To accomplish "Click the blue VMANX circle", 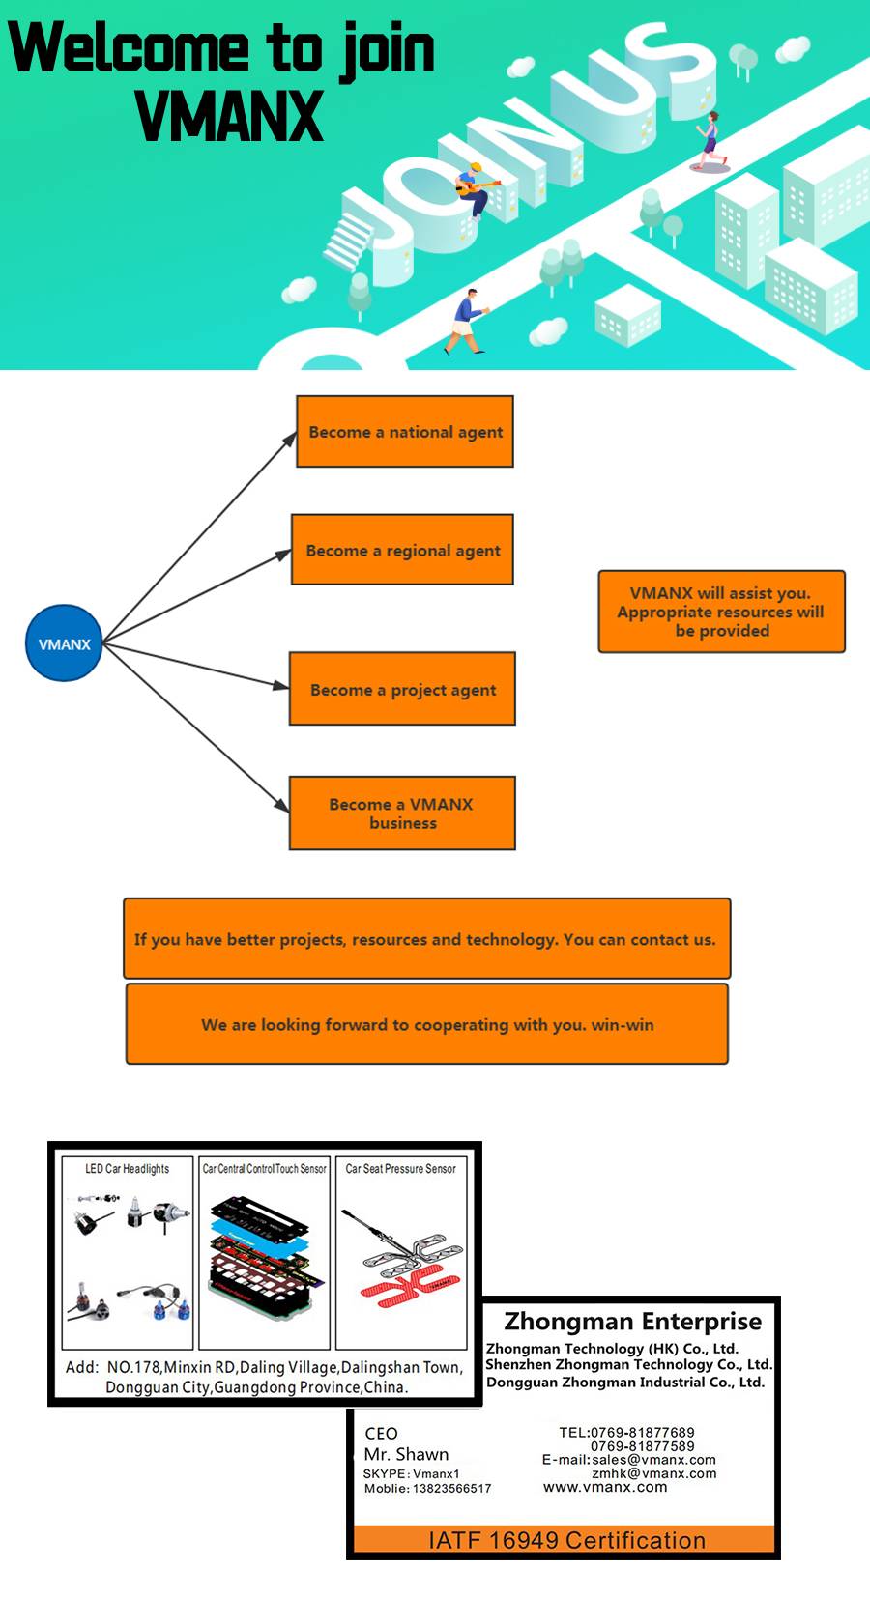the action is click(64, 643).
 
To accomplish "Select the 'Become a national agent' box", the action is click(405, 431).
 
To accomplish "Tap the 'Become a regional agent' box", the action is click(402, 550).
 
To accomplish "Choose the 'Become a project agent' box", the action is click(402, 689).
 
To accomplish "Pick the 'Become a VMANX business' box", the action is click(402, 813).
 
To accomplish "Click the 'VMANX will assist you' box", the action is click(722, 611).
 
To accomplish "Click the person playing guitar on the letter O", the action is click(475, 190).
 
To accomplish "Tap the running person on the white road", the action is click(710, 140).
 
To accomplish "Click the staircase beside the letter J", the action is click(349, 239).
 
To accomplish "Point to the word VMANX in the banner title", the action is click(230, 116).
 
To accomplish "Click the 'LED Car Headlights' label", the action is click(127, 1168).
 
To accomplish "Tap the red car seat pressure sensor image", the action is click(409, 1283).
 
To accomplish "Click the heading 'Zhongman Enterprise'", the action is click(632, 1321).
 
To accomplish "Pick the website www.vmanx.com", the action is click(605, 1487).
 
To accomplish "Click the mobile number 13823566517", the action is click(452, 1488).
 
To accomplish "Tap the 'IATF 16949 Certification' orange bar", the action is click(565, 1539).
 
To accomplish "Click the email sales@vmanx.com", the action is click(653, 1460).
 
